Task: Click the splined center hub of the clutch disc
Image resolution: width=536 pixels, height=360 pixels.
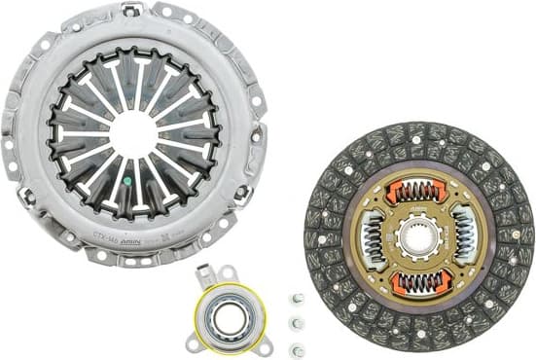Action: [x=419, y=237]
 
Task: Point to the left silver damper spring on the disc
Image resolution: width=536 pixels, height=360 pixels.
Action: [x=373, y=237]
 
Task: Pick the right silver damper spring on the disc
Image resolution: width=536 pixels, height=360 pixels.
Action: [x=465, y=237]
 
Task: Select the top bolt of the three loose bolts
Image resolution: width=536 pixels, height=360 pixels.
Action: [x=299, y=299]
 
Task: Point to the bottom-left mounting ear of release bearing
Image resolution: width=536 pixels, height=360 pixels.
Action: [x=193, y=342]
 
